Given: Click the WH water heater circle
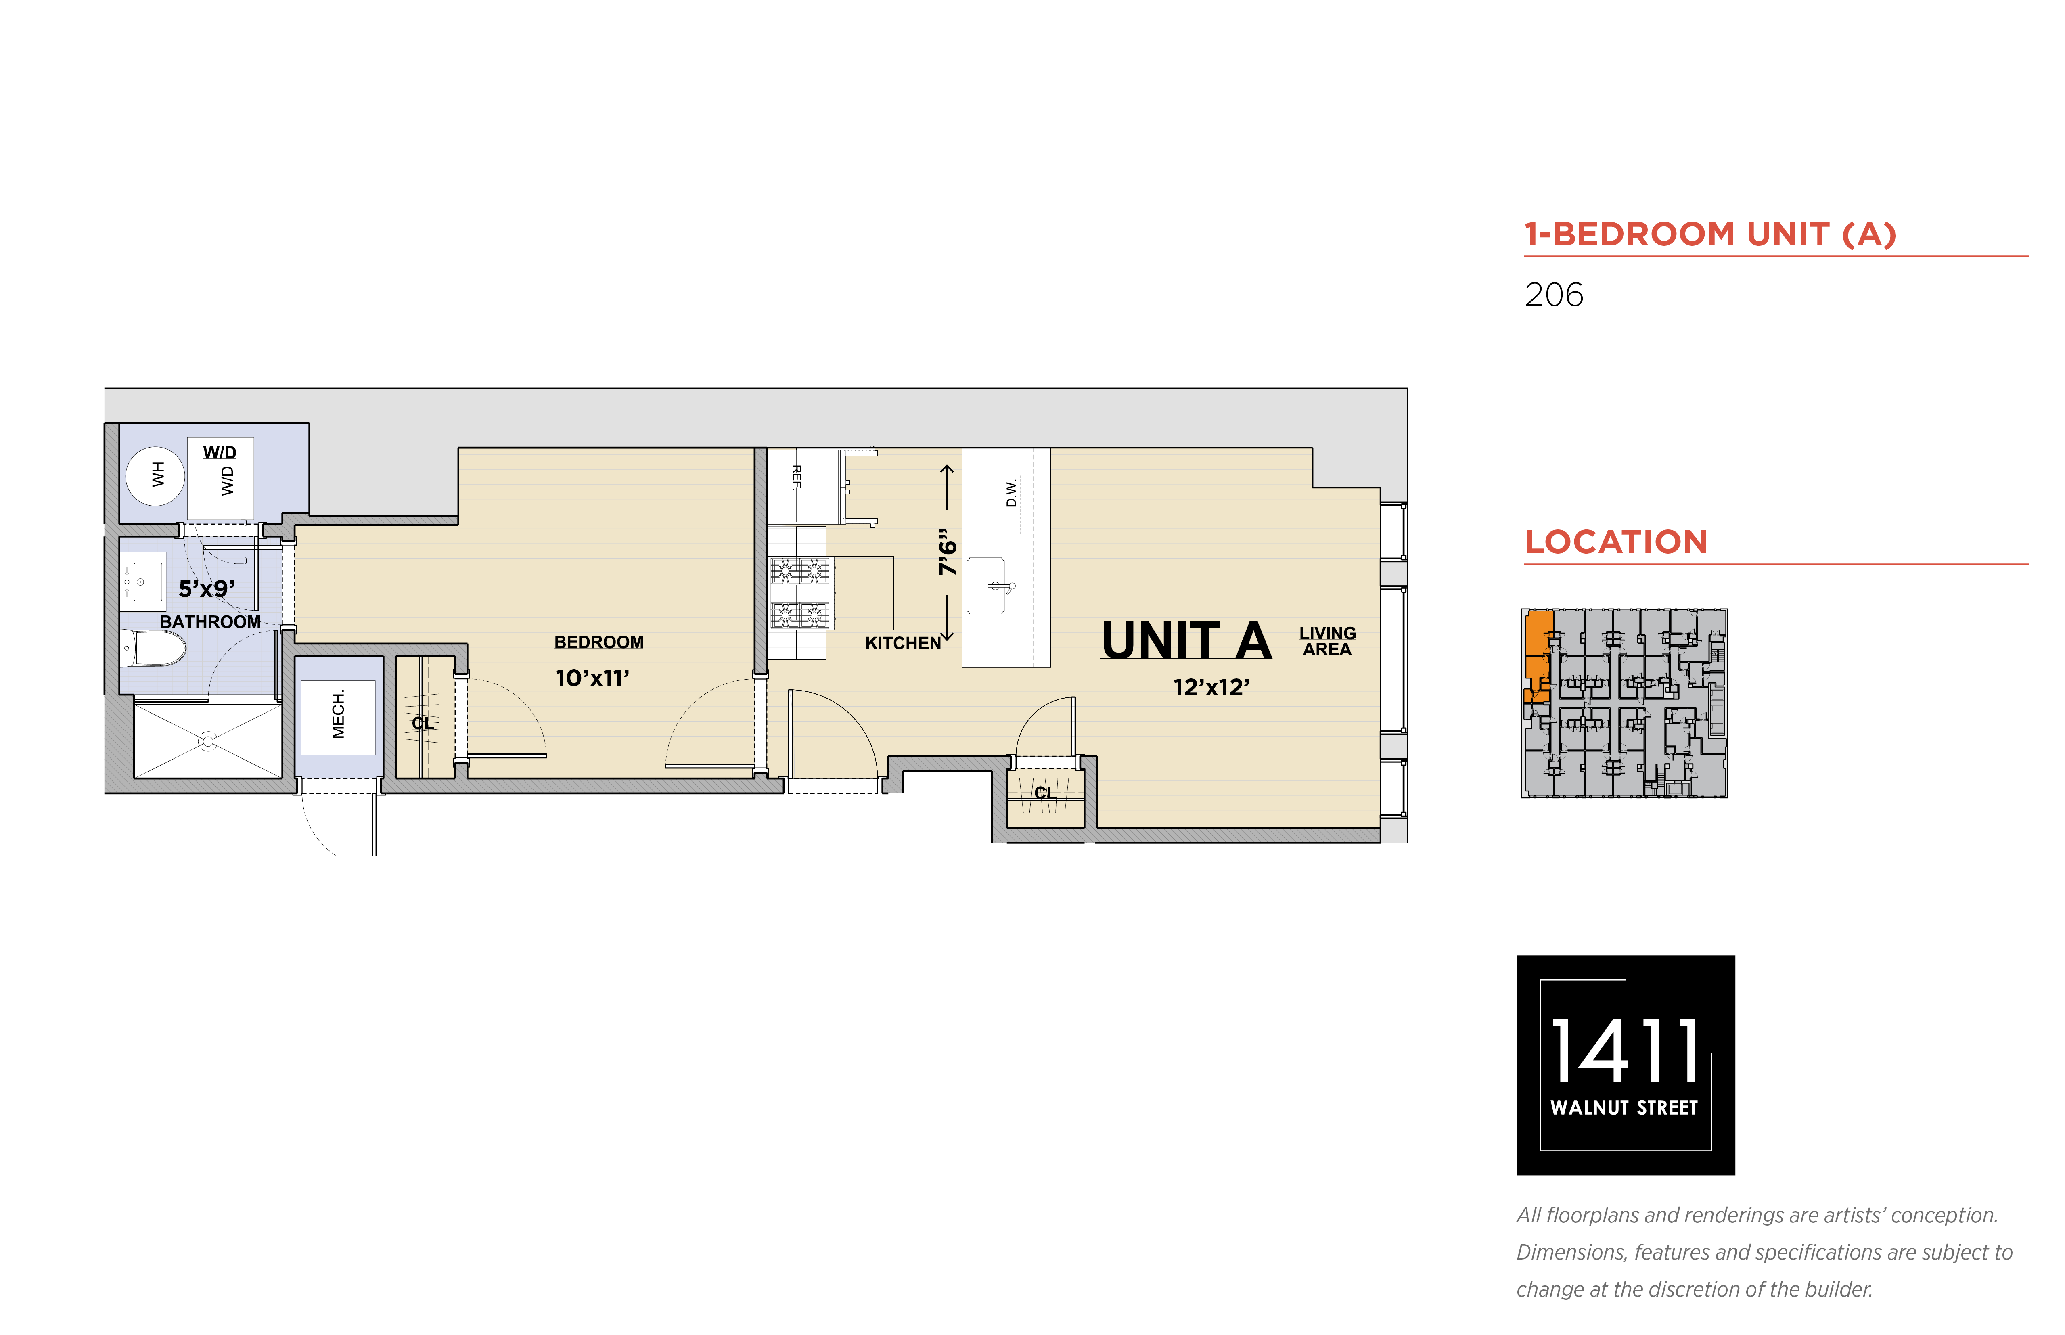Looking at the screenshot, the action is (155, 475).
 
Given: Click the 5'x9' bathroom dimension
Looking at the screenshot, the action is (206, 589).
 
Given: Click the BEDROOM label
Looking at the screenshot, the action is (599, 642).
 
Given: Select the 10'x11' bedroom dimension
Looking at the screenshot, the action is (592, 678).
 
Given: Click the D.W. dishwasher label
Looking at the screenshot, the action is (1011, 493).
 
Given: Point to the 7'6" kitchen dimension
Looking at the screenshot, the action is (948, 552).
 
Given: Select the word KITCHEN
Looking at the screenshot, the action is (902, 643).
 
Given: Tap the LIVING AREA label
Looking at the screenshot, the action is (1327, 642).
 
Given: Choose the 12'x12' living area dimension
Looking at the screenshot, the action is (1211, 687).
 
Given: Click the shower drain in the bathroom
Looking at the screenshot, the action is (208, 741).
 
